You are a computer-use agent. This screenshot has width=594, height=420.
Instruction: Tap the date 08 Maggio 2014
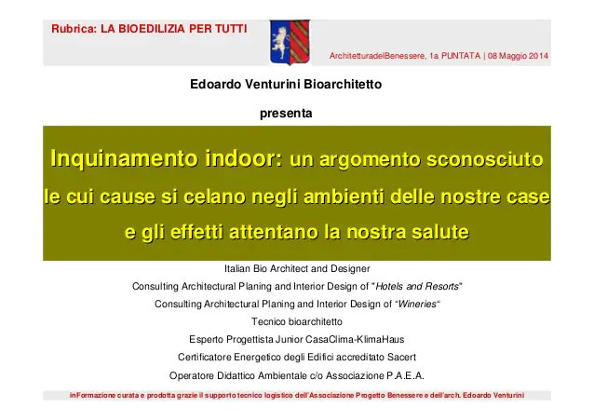tap(519, 57)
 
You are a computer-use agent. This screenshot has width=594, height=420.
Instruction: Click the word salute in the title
tap(437, 231)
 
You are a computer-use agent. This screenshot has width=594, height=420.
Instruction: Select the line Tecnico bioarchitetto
tap(296, 321)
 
